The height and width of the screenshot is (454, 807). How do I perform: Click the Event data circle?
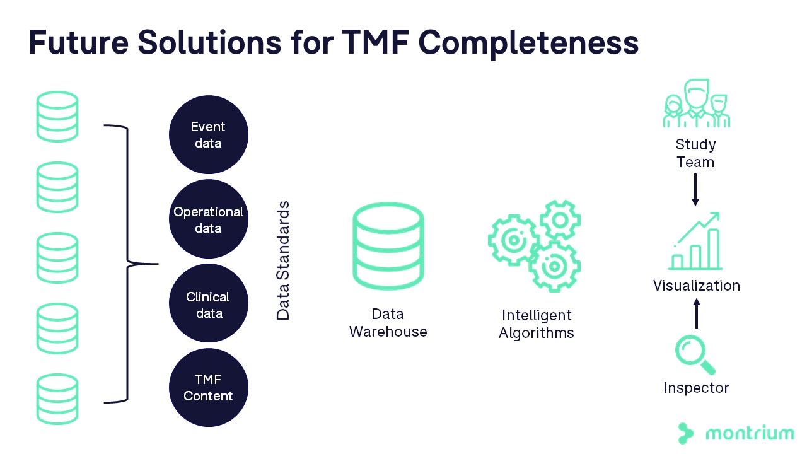click(208, 135)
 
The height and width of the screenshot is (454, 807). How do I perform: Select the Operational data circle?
click(208, 219)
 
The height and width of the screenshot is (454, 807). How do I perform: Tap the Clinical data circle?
click(208, 305)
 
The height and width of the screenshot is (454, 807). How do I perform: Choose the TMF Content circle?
click(208, 388)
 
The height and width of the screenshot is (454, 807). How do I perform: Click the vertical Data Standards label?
click(284, 260)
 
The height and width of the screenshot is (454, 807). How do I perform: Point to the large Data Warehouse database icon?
click(388, 247)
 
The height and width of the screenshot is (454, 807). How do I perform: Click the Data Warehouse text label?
click(388, 323)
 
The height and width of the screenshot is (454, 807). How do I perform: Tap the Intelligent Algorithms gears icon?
click(535, 245)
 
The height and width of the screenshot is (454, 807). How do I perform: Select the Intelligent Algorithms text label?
click(537, 324)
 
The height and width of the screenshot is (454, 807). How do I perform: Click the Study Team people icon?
click(696, 104)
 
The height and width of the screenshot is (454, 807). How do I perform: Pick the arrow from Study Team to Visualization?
click(695, 189)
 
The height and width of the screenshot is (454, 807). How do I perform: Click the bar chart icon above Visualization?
click(695, 243)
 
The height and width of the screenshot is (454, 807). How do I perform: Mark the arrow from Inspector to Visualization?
click(696, 313)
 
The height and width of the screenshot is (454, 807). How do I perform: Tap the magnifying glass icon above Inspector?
click(695, 355)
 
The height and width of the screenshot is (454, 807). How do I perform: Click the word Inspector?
click(696, 388)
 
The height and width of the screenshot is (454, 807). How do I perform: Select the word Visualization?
click(696, 286)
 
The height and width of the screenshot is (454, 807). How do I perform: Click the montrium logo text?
click(750, 433)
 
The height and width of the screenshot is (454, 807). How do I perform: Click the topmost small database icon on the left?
click(57, 116)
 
